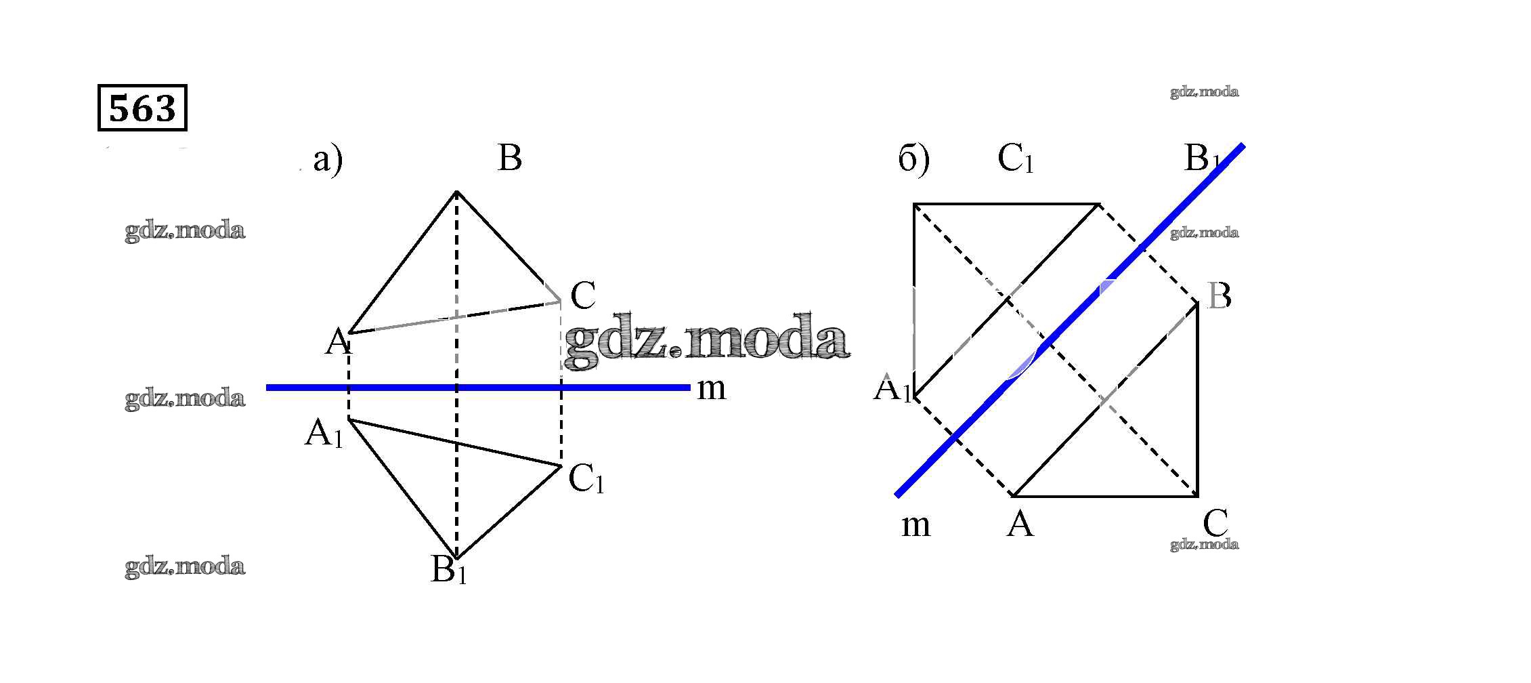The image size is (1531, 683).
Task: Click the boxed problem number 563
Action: [x=142, y=107]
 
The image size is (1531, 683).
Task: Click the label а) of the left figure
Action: [x=328, y=161]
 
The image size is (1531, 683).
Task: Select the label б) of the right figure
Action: [x=913, y=161]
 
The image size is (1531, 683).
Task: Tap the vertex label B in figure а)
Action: [x=509, y=159]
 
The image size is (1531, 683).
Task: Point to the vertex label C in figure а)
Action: [x=582, y=296]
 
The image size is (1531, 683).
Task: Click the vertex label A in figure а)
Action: [x=337, y=343]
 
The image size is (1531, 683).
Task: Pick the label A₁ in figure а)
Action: [x=324, y=434]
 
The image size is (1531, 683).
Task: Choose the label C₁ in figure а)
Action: [x=586, y=479]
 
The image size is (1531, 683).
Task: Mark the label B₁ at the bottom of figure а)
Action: [x=448, y=570]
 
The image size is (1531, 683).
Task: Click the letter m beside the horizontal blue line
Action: [x=712, y=388]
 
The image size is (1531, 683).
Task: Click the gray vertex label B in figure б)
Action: [x=1219, y=297]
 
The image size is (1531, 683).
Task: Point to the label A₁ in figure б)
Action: [x=892, y=390]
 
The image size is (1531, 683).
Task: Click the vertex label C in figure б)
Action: [x=1215, y=523]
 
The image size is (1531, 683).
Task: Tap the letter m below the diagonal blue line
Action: [x=915, y=525]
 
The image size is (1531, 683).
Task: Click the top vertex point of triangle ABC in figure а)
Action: [x=457, y=192]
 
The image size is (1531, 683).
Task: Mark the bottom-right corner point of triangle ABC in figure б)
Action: [x=1197, y=495]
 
